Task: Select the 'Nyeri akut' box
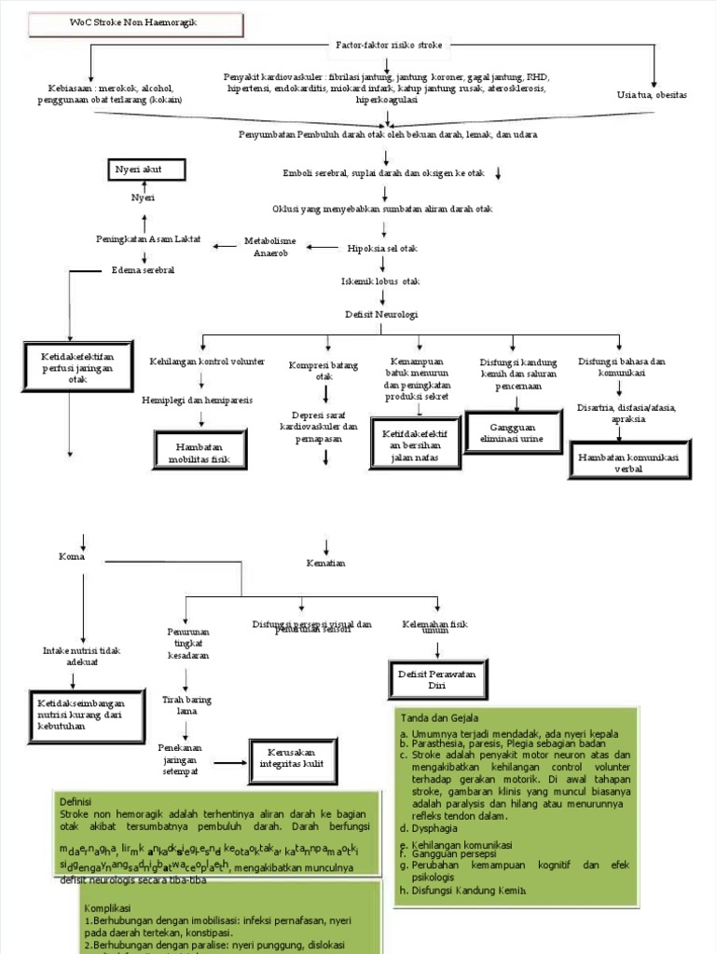pos(147,170)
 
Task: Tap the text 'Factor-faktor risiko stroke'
pos(390,44)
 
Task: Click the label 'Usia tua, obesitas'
pos(652,95)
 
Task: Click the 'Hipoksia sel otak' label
pos(382,248)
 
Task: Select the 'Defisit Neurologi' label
pos(381,315)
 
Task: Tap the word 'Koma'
pos(72,557)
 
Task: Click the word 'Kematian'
pos(325,564)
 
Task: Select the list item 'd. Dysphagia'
pos(425,827)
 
